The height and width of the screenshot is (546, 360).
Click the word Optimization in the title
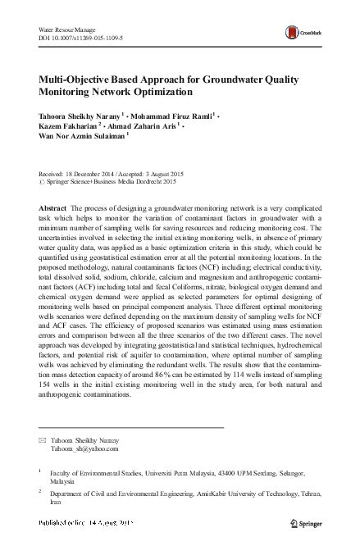191,95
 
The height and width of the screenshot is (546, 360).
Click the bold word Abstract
54,207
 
